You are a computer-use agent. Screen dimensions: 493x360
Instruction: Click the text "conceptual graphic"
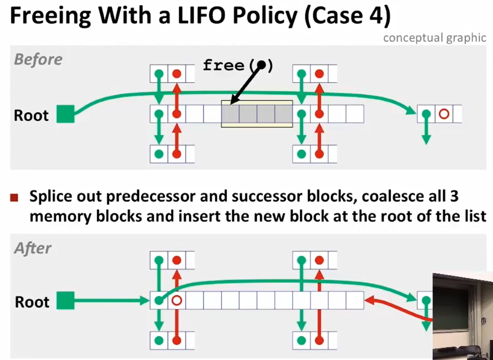point(435,38)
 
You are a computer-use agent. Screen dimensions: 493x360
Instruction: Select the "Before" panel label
point(38,59)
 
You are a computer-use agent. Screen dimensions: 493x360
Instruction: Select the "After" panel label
point(33,248)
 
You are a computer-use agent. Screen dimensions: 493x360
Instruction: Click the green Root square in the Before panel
point(65,114)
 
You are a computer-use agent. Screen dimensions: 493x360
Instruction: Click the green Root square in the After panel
point(65,300)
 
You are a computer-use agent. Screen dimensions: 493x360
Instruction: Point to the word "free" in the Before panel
point(223,65)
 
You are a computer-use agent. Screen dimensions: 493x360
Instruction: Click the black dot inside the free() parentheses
point(261,65)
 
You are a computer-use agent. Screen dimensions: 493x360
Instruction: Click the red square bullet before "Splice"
point(14,198)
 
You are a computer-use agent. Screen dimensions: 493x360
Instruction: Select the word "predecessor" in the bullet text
point(151,196)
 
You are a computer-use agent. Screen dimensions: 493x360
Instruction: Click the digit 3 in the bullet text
point(454,196)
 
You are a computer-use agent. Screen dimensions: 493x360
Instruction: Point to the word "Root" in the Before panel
point(31,115)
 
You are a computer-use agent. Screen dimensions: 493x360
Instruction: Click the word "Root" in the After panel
point(32,302)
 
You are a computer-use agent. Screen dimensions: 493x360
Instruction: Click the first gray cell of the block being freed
point(230,114)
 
